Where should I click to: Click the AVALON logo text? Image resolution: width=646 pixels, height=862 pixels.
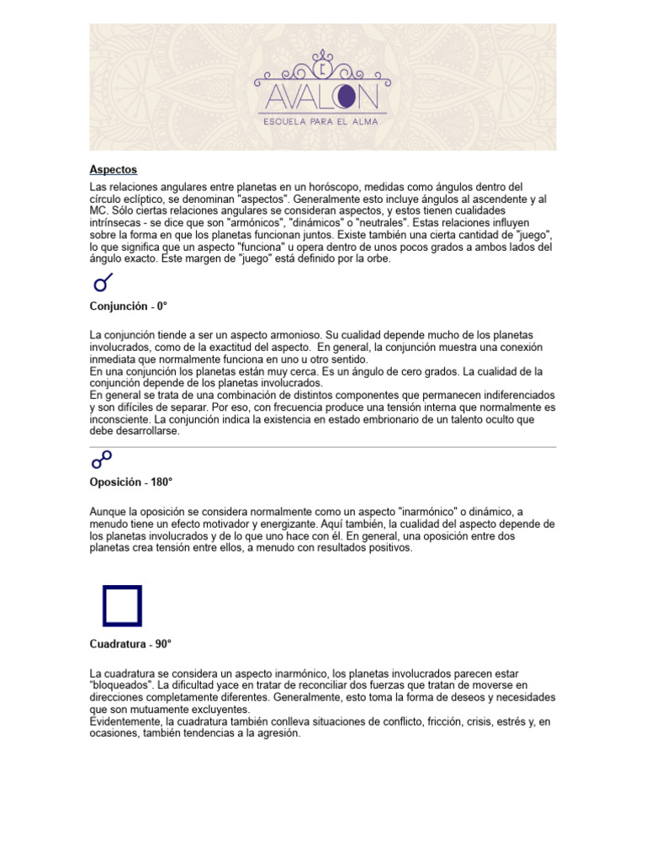[322, 95]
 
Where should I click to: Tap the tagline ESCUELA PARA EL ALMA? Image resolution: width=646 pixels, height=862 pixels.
[322, 121]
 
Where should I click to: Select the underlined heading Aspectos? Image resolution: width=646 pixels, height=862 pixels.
[114, 170]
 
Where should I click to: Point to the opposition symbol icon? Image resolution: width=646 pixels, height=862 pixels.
[102, 460]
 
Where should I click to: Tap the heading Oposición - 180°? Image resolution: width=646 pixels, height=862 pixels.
[131, 482]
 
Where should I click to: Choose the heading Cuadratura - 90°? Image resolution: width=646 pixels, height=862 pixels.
[130, 644]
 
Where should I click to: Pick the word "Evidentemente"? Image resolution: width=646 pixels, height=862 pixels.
[126, 722]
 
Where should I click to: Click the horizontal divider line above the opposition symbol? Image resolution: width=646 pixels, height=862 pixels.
[323, 447]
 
